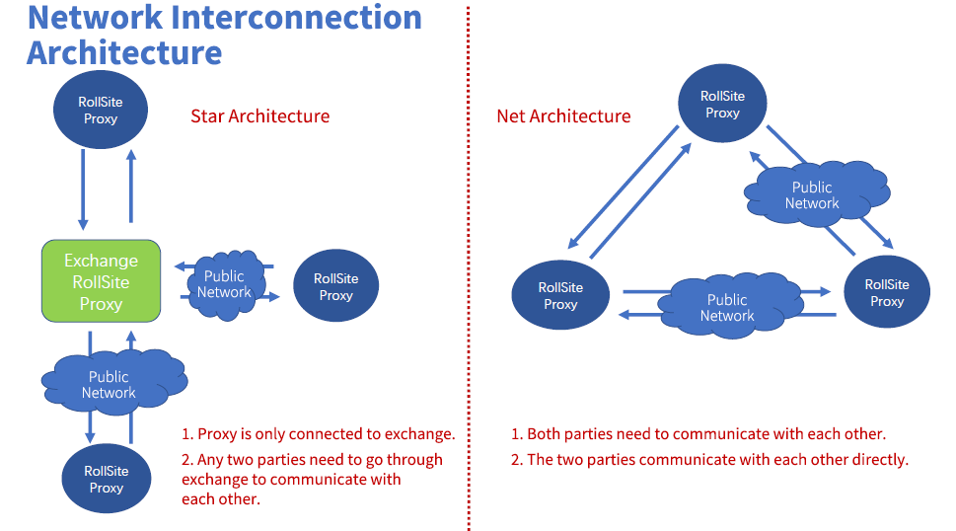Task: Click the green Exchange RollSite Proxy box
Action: (x=101, y=281)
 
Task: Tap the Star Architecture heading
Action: (x=259, y=116)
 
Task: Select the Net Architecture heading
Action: (x=563, y=116)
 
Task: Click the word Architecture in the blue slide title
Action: (x=124, y=51)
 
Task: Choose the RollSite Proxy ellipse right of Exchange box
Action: (x=335, y=286)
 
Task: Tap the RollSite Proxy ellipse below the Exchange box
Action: (x=106, y=479)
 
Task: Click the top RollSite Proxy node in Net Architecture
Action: (x=722, y=104)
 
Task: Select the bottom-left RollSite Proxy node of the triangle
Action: (x=560, y=295)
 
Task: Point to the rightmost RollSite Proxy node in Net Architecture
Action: (x=886, y=292)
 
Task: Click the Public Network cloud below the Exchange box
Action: (x=110, y=384)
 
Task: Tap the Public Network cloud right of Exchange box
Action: (x=224, y=284)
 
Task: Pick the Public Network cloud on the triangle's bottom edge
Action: (x=727, y=307)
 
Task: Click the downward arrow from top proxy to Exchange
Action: (x=83, y=189)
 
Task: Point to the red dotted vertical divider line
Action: (x=469, y=266)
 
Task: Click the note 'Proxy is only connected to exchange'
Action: (x=318, y=434)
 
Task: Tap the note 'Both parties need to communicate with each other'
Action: (x=698, y=434)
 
